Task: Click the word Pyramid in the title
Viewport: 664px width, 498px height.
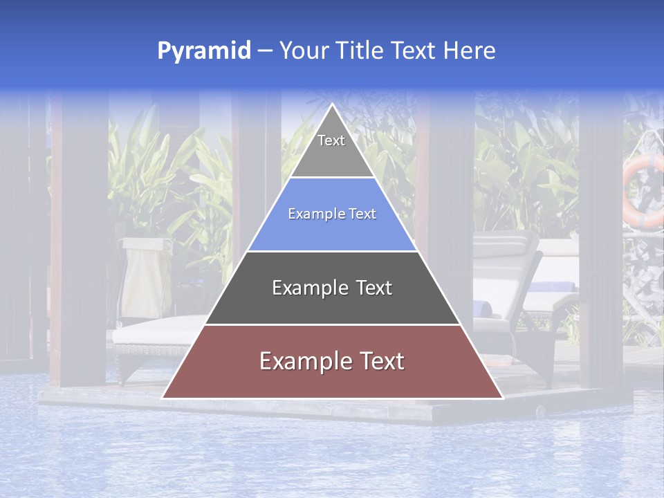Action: (204, 50)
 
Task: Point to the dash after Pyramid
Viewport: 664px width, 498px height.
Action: (265, 51)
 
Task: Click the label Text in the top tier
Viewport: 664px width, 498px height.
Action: (331, 140)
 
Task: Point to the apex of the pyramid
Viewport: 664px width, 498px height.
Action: (332, 105)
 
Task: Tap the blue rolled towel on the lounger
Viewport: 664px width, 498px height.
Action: (483, 308)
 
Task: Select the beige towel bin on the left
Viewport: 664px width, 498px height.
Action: (145, 277)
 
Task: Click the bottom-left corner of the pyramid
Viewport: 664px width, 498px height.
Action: (163, 398)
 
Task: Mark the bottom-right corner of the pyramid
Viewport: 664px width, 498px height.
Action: (502, 398)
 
